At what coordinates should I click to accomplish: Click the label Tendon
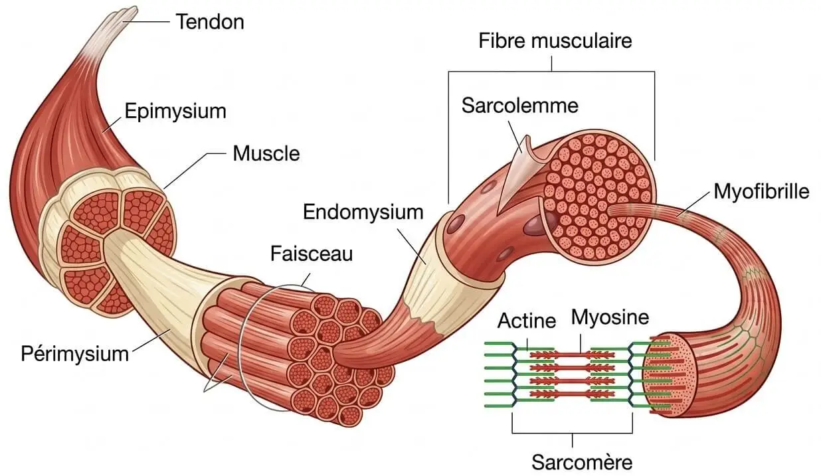(210, 22)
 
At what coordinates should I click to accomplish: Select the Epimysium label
(175, 110)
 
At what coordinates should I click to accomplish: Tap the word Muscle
(266, 154)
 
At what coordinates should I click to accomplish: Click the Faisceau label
(311, 254)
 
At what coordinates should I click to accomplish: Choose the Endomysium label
(363, 212)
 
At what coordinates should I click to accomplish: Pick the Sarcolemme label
(520, 105)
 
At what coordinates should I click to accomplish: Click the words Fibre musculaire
(555, 41)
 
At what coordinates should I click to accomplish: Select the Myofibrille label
(761, 193)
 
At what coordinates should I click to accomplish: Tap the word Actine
(526, 321)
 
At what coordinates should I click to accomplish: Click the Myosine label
(609, 317)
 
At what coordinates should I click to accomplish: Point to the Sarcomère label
(573, 461)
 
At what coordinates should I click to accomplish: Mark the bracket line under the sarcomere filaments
(572, 434)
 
